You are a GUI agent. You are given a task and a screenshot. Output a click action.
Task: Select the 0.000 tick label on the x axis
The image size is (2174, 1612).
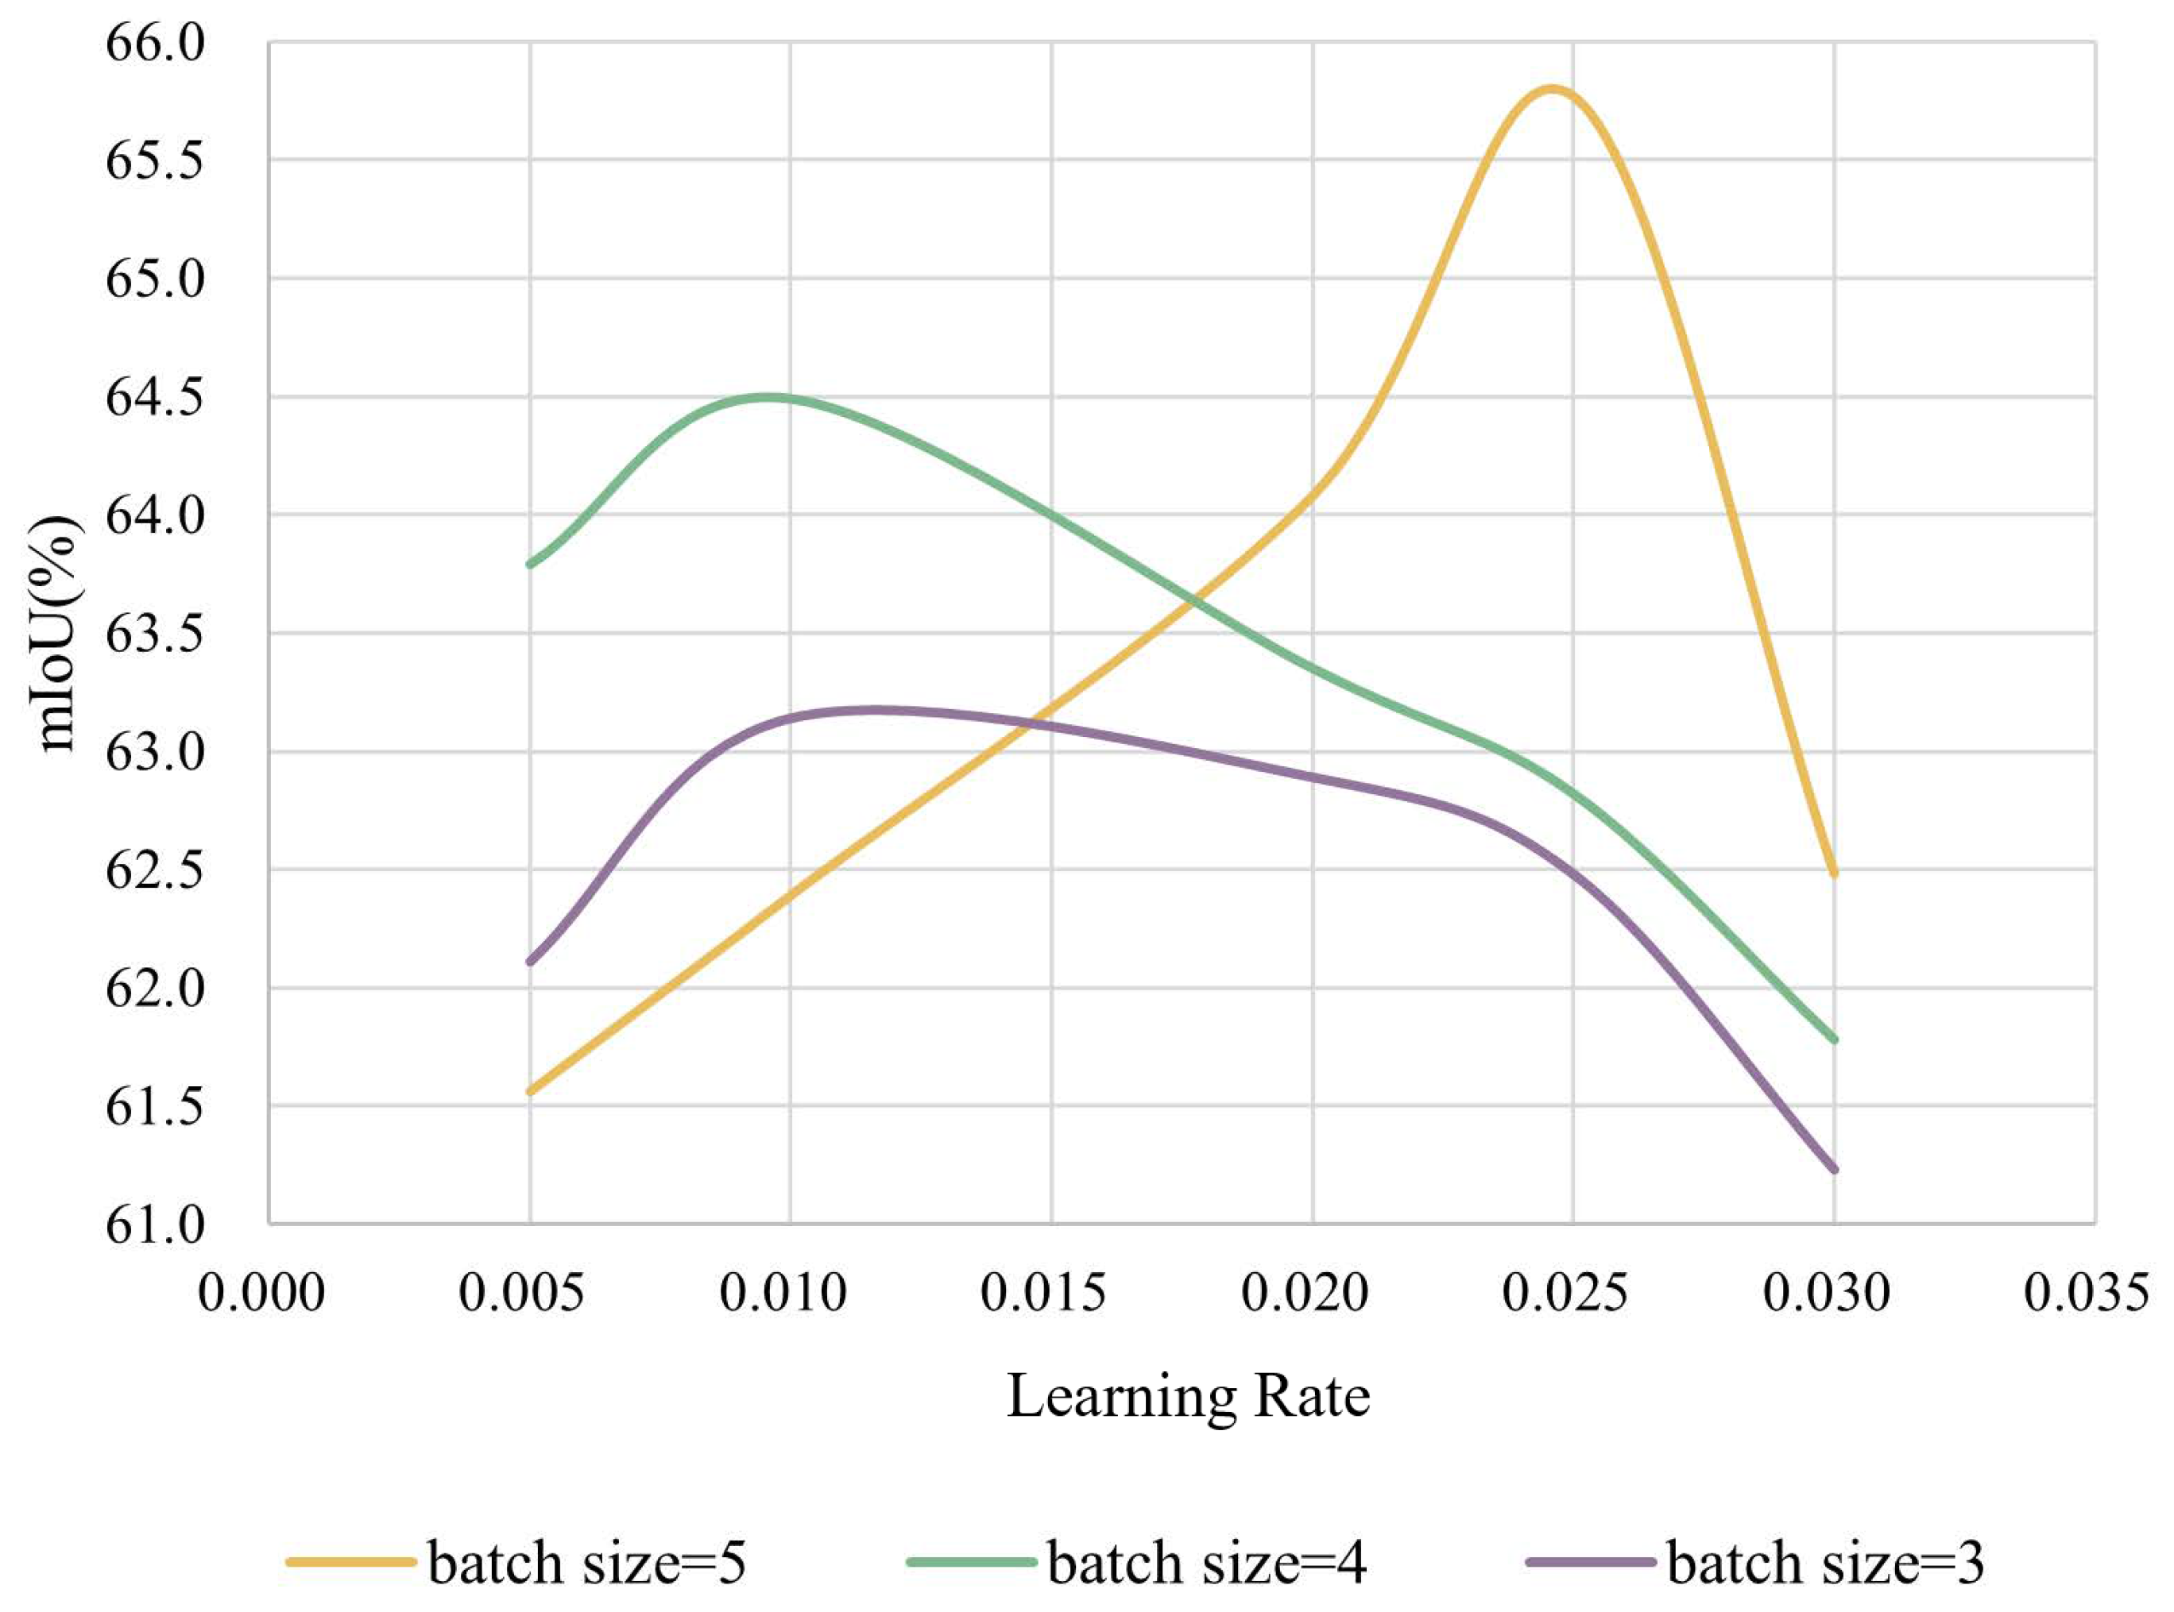[x=261, y=1293]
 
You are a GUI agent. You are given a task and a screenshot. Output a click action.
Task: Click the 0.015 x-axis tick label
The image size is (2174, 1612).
[x=1043, y=1293]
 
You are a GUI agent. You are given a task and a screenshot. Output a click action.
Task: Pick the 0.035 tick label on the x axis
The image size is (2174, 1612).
[x=2086, y=1293]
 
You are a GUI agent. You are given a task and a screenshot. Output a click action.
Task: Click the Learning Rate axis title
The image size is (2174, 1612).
[x=1188, y=1396]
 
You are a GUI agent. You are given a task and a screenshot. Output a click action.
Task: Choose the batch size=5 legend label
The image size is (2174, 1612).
[x=586, y=1562]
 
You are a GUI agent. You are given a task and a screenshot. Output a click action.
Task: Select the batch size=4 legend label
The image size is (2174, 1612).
[x=1206, y=1562]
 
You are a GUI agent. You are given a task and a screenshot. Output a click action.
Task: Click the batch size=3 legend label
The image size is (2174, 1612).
[x=1824, y=1562]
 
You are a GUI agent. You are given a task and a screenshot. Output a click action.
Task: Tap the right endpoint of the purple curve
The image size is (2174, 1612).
[x=1834, y=1169]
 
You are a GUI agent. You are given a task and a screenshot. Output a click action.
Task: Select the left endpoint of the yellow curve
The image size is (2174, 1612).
[x=530, y=1092]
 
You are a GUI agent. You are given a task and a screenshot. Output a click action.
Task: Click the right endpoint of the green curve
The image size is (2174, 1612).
[x=1834, y=1040]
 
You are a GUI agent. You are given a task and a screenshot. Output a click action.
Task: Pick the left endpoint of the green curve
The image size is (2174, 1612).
[x=530, y=564]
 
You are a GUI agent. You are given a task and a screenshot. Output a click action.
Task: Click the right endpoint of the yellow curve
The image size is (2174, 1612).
[x=1834, y=873]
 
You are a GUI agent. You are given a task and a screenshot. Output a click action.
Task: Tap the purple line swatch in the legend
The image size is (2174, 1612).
[x=1590, y=1562]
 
